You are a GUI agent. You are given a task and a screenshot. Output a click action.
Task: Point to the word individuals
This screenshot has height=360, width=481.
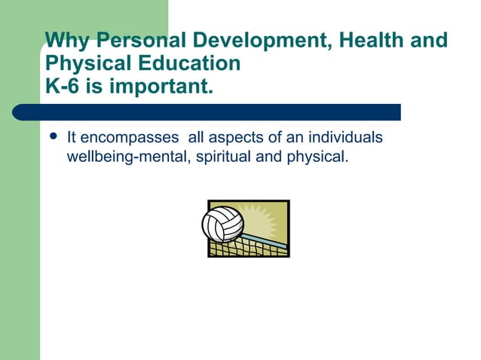tap(348, 138)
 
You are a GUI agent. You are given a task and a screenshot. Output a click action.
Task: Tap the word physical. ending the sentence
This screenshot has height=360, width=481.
tap(317, 158)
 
